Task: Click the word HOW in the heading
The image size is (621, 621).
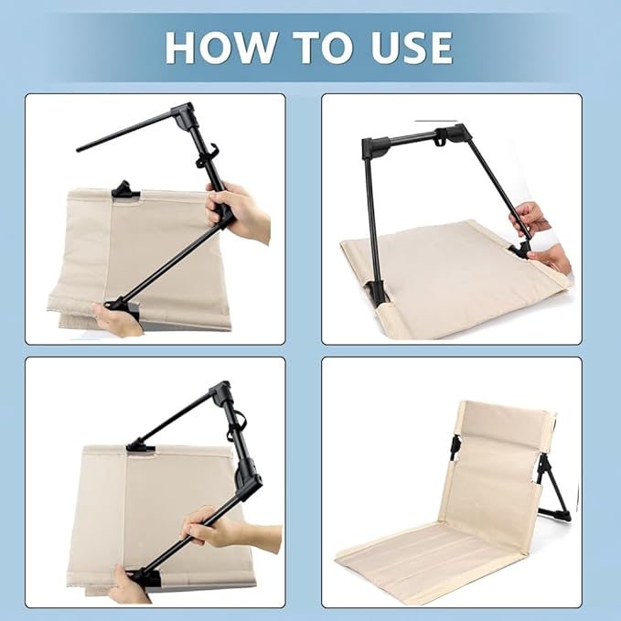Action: (x=220, y=48)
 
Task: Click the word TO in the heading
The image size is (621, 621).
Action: (x=322, y=48)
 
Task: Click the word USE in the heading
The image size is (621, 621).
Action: (x=411, y=48)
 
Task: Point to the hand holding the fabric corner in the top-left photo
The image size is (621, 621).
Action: (x=117, y=319)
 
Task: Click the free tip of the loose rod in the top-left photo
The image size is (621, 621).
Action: (x=79, y=150)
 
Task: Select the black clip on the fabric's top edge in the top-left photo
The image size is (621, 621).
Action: (x=125, y=190)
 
